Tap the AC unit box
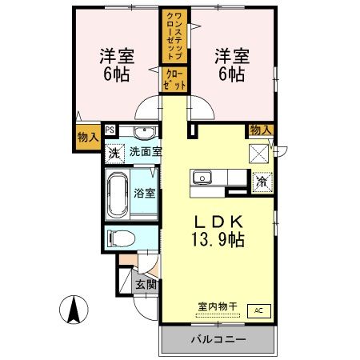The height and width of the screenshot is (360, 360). [x=258, y=310]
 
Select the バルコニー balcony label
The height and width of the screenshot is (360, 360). [x=218, y=339]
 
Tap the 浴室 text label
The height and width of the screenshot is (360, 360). [x=145, y=193]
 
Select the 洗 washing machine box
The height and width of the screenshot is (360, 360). [x=114, y=152]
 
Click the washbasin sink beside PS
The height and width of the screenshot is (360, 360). [x=144, y=132]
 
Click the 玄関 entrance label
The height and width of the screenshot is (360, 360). [x=145, y=283]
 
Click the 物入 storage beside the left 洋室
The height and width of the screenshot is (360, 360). [x=88, y=137]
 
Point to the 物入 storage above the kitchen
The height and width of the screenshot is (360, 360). [x=260, y=130]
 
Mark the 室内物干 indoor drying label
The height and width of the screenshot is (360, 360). [x=218, y=306]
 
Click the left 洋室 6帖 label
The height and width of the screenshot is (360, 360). [x=117, y=64]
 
